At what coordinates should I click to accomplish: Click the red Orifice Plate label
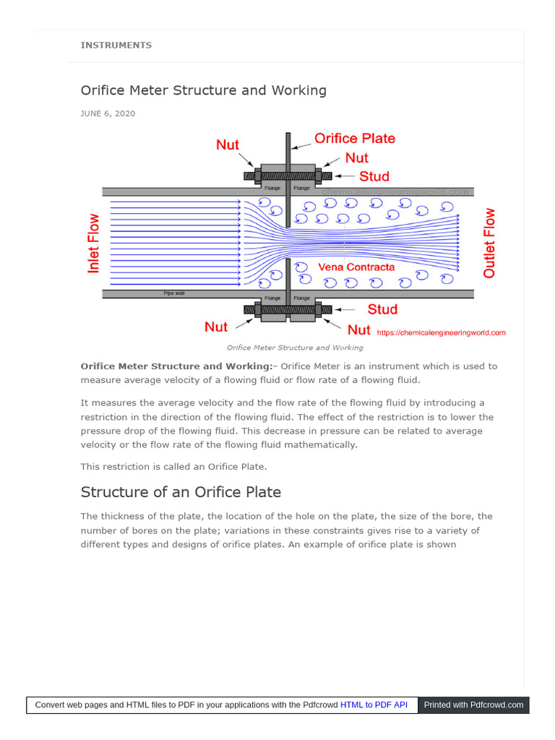point(354,139)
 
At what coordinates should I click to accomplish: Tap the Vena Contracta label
point(357,267)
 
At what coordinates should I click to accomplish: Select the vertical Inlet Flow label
point(94,244)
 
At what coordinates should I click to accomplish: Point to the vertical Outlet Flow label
point(490,244)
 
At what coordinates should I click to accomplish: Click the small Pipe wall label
point(175,293)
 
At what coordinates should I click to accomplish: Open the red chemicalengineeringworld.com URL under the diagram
point(441,332)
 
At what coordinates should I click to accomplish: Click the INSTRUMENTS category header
point(116,45)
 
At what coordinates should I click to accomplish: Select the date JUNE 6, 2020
point(108,113)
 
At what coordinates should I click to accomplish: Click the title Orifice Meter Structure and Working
point(203,90)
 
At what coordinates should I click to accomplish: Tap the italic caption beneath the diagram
point(295,348)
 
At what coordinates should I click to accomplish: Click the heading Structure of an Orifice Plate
point(181,492)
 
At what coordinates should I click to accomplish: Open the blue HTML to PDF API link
point(374,705)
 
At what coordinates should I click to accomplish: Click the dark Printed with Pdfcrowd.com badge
point(473,705)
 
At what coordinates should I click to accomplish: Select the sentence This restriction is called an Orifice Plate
point(173,467)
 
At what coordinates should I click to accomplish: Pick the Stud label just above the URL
point(382,309)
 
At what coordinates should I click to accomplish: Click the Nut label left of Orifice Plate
point(228,145)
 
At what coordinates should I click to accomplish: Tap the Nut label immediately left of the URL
point(359,330)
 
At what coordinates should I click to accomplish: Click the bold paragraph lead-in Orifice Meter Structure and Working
point(176,366)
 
